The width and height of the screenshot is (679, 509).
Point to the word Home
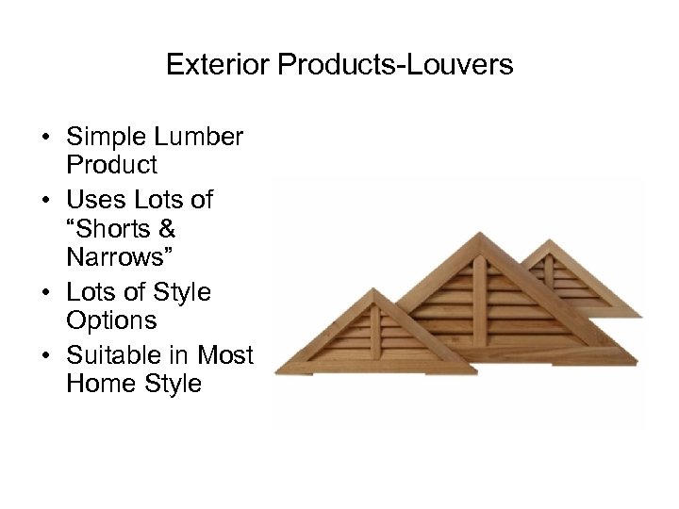pyautogui.click(x=95, y=384)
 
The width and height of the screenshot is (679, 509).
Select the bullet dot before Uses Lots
pyautogui.click(x=45, y=201)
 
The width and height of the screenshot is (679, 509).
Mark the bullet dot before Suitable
pyautogui.click(x=45, y=354)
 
